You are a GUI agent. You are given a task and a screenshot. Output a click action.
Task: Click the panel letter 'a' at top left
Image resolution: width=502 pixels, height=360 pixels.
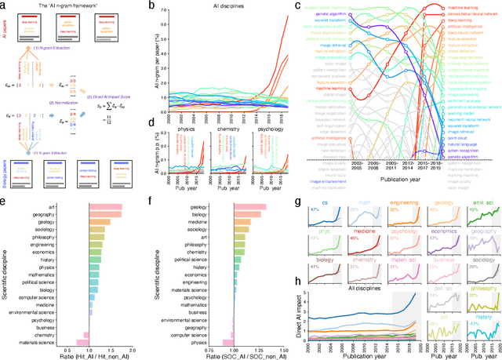click(5, 6)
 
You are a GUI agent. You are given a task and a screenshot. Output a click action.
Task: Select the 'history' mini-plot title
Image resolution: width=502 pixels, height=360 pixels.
click(484, 318)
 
